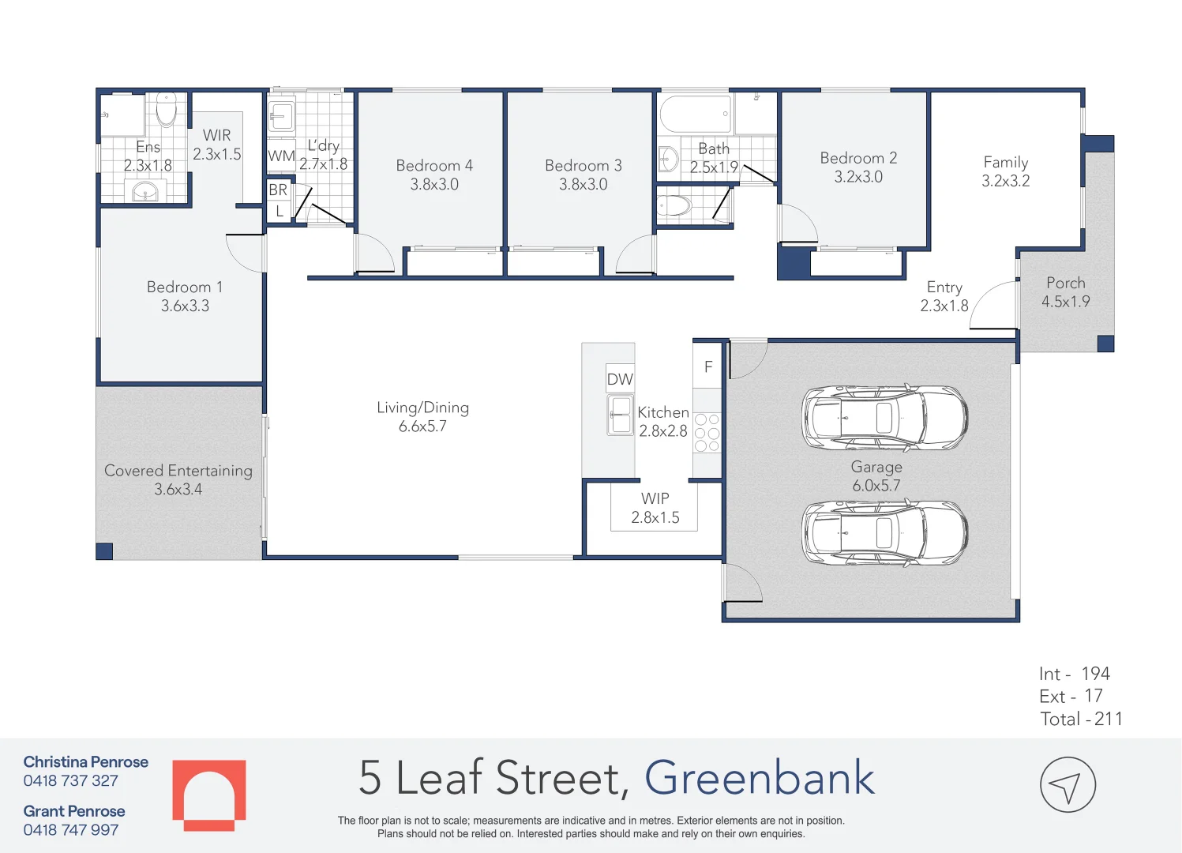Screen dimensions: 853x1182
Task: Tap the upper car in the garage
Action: (x=884, y=418)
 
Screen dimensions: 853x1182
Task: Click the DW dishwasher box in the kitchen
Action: (x=620, y=379)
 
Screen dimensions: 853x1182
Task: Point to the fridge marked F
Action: (x=708, y=366)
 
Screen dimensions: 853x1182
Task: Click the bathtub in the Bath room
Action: (x=695, y=115)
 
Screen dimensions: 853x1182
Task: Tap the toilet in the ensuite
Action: (x=167, y=110)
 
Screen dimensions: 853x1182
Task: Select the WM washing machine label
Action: (x=281, y=156)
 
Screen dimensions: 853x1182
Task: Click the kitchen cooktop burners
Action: (x=707, y=433)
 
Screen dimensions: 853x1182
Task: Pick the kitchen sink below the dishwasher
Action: (x=621, y=415)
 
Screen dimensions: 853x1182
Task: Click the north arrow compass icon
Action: (x=1068, y=785)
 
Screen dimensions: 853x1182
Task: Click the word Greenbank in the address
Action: (x=760, y=778)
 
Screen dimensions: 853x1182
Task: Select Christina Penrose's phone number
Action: (x=71, y=781)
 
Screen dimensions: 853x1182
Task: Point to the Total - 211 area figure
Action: (x=1081, y=719)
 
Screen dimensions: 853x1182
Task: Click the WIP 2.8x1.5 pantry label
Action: (x=655, y=508)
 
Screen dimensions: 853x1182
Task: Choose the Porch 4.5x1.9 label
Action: (x=1065, y=292)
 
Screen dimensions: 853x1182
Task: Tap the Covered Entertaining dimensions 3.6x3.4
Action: (x=178, y=490)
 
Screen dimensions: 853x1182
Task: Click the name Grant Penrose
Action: (x=74, y=811)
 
